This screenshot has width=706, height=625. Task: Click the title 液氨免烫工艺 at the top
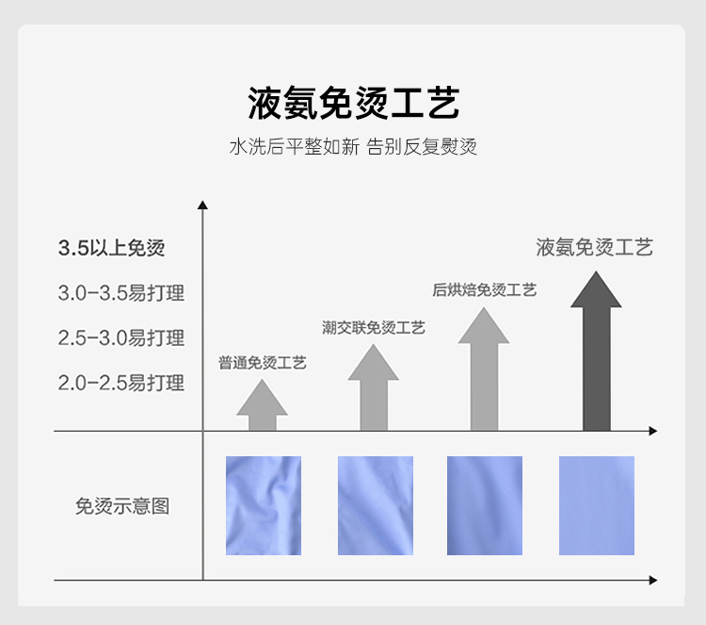tap(353, 103)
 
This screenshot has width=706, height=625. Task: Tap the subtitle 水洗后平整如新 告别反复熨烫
tap(353, 147)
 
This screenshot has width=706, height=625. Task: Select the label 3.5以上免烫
tap(111, 248)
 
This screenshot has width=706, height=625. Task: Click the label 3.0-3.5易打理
tap(120, 293)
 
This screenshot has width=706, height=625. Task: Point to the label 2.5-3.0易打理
tap(120, 337)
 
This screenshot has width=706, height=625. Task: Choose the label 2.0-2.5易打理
tap(120, 383)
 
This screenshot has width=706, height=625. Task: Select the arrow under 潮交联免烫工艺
tap(374, 388)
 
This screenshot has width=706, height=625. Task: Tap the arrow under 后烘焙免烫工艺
tap(484, 369)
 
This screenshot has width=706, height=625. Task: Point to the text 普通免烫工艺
tap(263, 362)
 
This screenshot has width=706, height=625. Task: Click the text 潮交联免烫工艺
tap(374, 327)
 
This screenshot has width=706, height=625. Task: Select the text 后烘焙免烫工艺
tap(484, 290)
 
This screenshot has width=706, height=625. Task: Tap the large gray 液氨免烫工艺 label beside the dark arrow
tap(594, 247)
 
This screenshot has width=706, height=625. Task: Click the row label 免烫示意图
tap(122, 506)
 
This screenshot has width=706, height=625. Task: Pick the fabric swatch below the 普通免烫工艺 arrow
tap(264, 505)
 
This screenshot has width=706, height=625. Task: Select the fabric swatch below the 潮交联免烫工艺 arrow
tap(375, 505)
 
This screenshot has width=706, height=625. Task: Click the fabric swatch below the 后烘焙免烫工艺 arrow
tap(485, 505)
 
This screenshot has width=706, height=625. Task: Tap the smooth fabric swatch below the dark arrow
tap(597, 505)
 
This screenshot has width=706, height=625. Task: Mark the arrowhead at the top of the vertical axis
tap(202, 205)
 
